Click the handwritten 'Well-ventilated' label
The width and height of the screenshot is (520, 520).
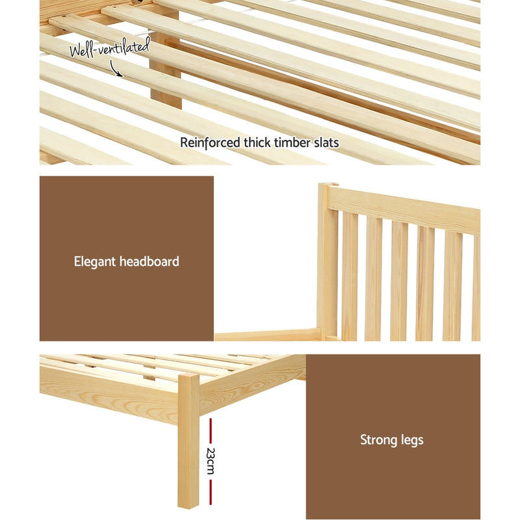110,46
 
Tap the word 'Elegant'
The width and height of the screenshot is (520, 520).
94,262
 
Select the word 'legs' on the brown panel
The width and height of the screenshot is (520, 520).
411,441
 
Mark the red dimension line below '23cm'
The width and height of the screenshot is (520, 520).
211,490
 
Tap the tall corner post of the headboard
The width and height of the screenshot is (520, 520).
328,260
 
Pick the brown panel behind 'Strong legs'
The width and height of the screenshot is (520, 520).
393,481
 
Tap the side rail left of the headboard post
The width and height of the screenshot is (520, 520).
266,335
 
